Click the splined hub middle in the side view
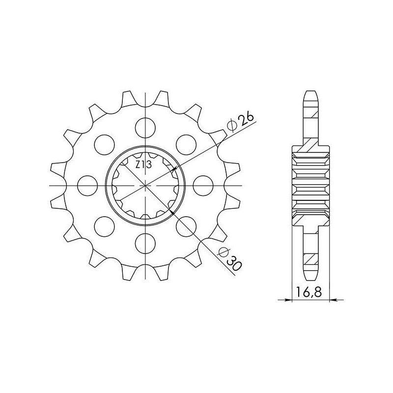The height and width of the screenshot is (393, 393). (310, 185)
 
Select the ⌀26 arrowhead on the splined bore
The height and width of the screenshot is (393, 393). (171, 170)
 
